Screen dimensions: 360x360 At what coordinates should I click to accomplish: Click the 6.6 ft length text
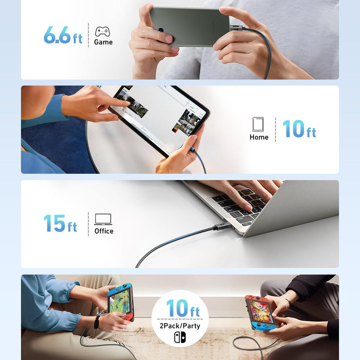click(x=63, y=35)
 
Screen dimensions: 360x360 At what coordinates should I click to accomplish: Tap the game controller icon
click(x=103, y=31)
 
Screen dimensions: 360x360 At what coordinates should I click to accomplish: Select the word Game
click(x=103, y=42)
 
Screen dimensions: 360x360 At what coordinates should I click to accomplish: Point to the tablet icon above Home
click(x=258, y=124)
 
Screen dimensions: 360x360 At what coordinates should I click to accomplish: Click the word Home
click(x=259, y=137)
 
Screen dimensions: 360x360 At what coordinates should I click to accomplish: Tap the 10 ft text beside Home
click(x=299, y=130)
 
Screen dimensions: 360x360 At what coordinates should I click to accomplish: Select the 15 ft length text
click(x=60, y=224)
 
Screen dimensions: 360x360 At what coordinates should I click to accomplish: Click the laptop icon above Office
click(x=103, y=219)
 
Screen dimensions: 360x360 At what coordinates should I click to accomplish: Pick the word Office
click(x=103, y=231)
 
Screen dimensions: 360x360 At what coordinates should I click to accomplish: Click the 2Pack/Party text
click(x=180, y=325)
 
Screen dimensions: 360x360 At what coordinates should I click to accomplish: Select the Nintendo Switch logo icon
click(x=180, y=337)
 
